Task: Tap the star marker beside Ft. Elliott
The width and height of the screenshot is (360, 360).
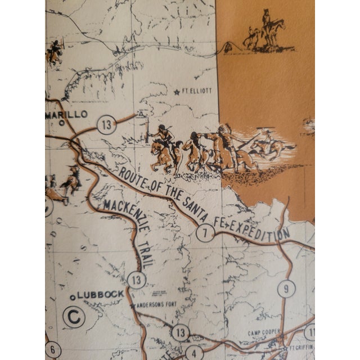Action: (x=177, y=92)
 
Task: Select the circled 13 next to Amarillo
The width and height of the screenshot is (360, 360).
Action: (x=106, y=124)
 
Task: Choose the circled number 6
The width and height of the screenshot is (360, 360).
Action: (x=52, y=349)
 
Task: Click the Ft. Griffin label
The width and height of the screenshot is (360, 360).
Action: (x=299, y=348)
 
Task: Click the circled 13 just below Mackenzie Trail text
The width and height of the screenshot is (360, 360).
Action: (x=136, y=279)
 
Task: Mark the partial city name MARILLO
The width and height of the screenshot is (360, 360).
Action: (x=67, y=114)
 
